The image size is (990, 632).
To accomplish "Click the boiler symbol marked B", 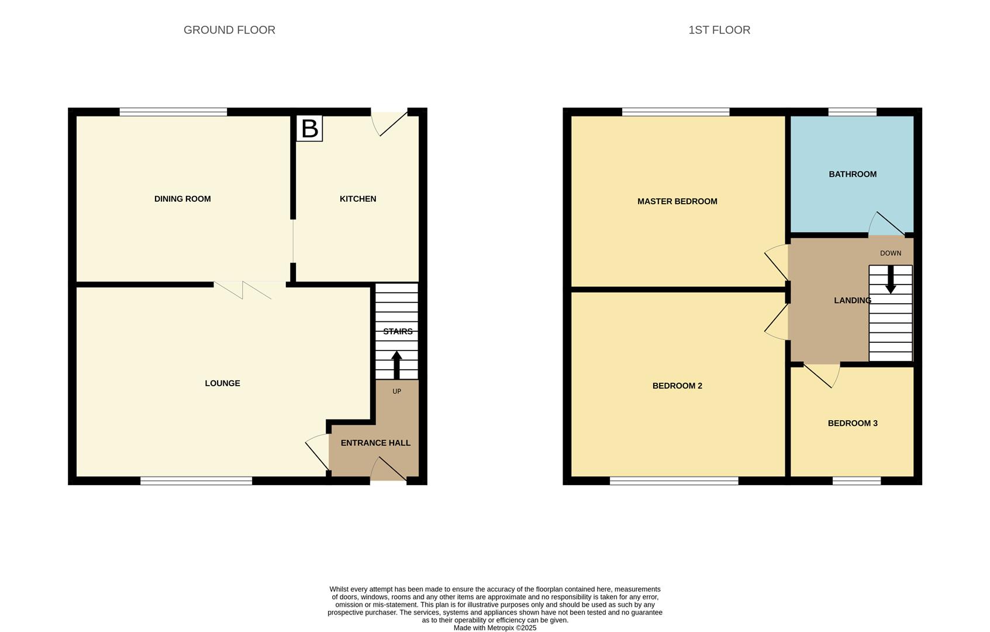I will coord(309,128).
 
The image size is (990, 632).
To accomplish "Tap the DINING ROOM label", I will coord(182,199).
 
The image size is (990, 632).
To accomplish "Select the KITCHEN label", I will coord(358,199).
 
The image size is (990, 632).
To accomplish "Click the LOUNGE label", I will coord(222,383).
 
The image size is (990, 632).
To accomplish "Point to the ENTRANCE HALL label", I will coord(375,443).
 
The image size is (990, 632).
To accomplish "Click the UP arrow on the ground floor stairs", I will coord(396,365).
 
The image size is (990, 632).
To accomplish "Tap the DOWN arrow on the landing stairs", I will coord(891,280).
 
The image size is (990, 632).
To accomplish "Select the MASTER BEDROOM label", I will coord(677,201).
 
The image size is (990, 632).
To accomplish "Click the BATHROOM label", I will coord(853,174).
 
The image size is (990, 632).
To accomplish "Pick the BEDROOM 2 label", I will coord(677,386).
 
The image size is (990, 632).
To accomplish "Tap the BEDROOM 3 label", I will coord(853,423).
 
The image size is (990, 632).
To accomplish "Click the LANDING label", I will coord(852,300).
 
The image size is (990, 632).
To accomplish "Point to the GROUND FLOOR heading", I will coord(229,30).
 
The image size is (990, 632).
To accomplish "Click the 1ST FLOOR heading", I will coord(719,30).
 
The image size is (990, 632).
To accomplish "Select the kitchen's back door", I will coord(389,121).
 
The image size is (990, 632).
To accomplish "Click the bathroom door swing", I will coord(886,224).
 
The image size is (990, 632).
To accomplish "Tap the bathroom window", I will coord(853,112).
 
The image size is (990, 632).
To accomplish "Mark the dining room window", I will coord(173,112).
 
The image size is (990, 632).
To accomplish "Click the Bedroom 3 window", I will coord(857,481).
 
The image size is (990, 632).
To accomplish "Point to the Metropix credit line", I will coord(495,628).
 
